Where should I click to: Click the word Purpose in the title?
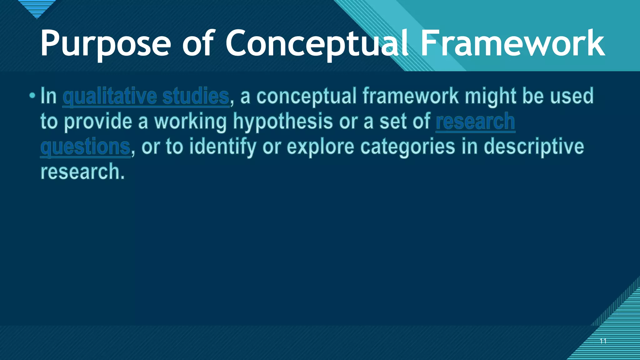[106, 44]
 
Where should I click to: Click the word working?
[190, 122]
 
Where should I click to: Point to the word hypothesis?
[283, 122]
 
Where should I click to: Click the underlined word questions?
[85, 147]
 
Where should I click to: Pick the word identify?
[222, 147]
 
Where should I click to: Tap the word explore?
[320, 147]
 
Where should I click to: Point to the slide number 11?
[603, 341]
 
